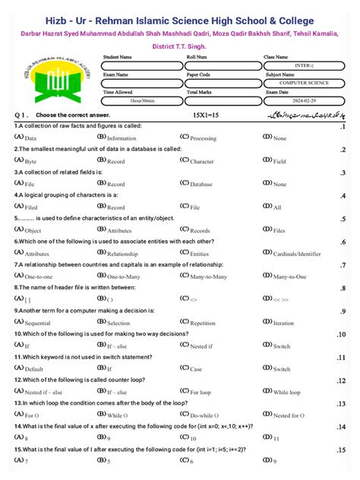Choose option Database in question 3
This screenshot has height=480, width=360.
201,184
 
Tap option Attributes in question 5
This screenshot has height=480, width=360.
119,230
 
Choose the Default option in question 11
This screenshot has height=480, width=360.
33,369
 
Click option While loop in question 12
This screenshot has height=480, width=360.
287,392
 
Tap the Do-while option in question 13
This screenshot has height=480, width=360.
202,415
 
